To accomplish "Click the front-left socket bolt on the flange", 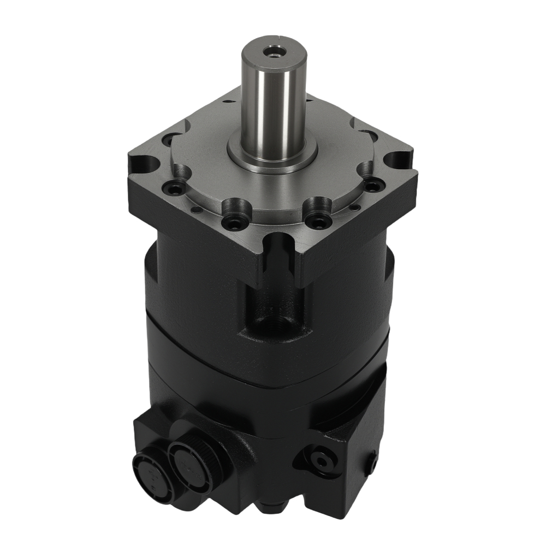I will [234, 223].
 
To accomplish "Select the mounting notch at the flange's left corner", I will [143, 162].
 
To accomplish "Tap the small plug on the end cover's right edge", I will [373, 465].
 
